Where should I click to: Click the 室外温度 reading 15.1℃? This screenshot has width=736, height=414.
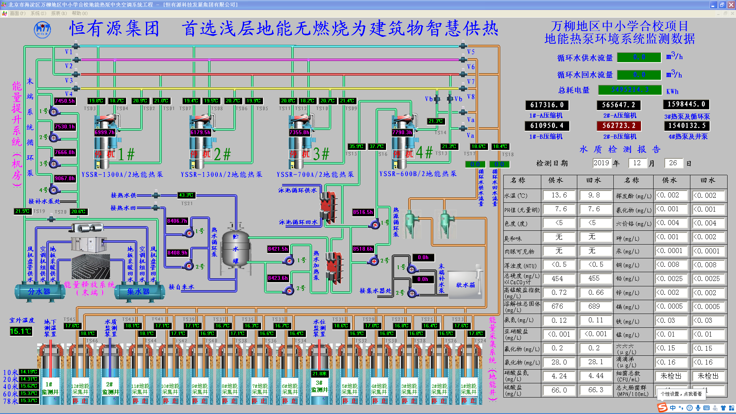pos(21,331)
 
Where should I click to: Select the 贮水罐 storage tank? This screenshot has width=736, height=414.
pos(235,249)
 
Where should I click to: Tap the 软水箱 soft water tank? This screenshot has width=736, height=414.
pos(465,285)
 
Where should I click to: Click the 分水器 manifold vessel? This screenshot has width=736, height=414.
pos(39,292)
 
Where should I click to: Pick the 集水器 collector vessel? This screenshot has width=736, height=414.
pos(138,292)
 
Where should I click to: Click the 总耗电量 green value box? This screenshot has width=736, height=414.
pos(630,90)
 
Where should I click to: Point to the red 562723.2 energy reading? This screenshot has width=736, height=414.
pos(619,126)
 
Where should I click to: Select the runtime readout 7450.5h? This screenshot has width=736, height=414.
pos(65,101)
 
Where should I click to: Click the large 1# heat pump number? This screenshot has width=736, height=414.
pos(126,154)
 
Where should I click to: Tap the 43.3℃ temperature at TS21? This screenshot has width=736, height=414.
pos(186,195)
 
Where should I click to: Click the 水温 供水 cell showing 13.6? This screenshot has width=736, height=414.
pos(559,195)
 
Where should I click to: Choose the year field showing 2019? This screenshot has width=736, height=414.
pos(601,163)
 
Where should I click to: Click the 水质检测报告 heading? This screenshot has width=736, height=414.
pos(620,149)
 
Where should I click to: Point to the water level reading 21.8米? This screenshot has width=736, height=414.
pos(319,373)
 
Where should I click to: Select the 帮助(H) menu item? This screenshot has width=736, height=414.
pos(79,13)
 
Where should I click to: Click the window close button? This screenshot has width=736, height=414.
pos(731,5)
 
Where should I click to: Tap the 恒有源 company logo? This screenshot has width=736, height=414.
pos(42,30)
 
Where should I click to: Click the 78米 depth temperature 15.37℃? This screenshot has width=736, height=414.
pos(29,401)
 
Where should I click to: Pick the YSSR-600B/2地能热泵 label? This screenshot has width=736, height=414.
pos(418,174)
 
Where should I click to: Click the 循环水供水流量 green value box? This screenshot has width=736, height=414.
pos(639,57)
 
